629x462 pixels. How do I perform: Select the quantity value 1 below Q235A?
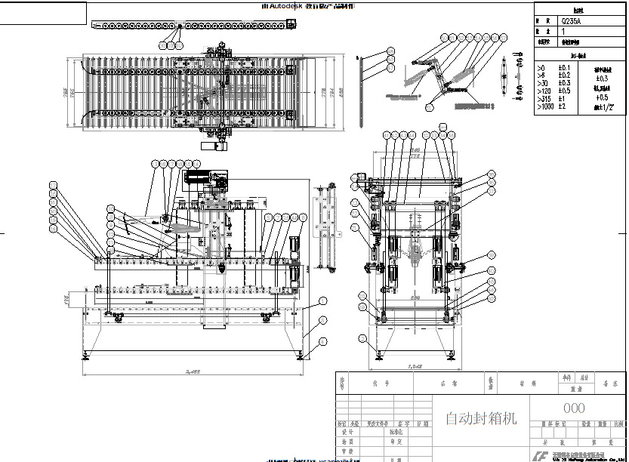click(x=563, y=32)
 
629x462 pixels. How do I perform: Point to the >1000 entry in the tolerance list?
click(x=544, y=106)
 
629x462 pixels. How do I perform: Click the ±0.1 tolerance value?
click(x=563, y=66)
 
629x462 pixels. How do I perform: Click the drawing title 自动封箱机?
click(x=481, y=418)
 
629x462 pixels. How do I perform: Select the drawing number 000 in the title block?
click(x=578, y=408)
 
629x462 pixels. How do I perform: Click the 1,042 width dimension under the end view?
click(x=415, y=367)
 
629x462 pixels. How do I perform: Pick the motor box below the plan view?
click(x=214, y=146)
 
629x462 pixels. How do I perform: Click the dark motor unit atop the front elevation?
click(x=200, y=179)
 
